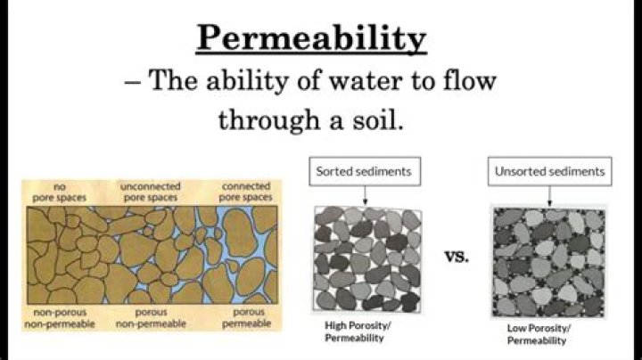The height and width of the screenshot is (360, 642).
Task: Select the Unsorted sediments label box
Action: [x=549, y=170]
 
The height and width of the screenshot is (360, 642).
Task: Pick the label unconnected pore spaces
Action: [x=150, y=191]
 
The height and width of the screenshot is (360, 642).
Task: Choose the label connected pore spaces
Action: [x=243, y=191]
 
